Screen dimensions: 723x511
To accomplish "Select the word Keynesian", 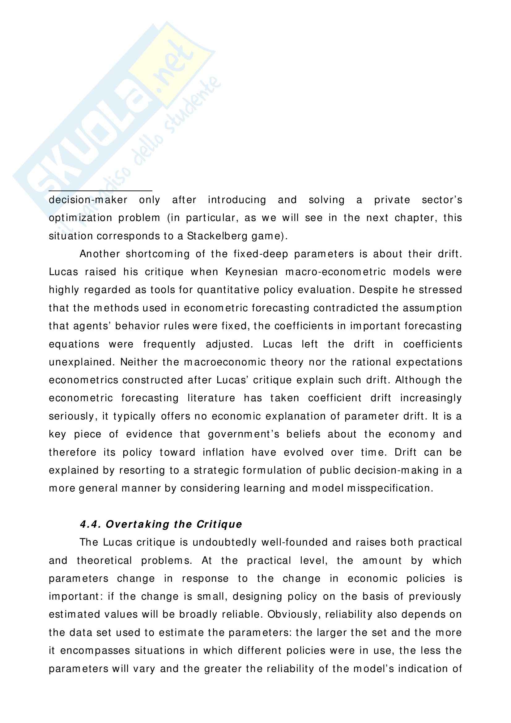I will [x=252, y=272].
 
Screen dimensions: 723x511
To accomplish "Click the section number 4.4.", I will [x=90, y=524].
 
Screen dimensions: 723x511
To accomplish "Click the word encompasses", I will [x=95, y=651].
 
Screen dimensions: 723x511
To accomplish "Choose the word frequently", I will [x=169, y=344].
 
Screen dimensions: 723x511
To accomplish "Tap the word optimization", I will [x=80, y=218].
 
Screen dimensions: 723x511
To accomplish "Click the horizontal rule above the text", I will [x=100, y=190].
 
